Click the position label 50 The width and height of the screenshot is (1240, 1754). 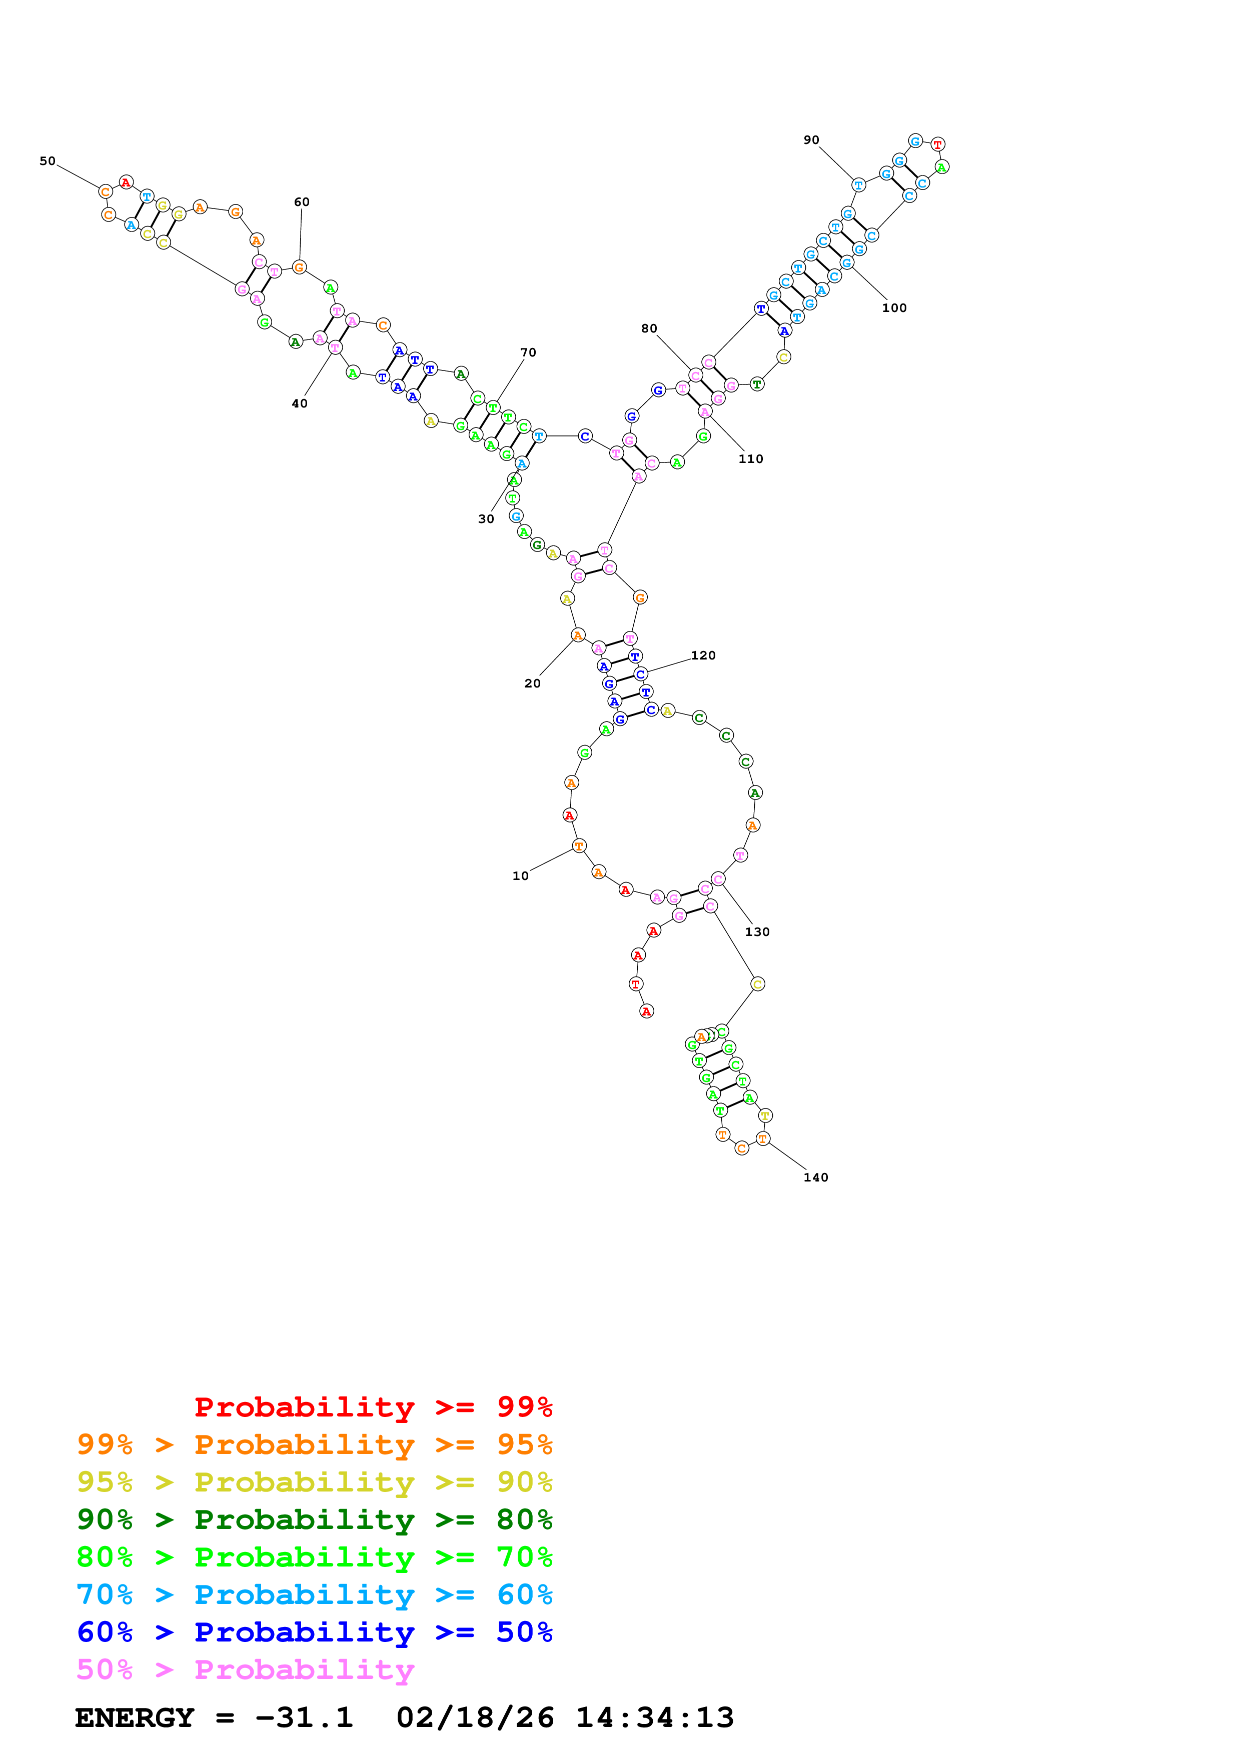[48, 161]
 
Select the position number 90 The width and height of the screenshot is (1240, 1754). [811, 140]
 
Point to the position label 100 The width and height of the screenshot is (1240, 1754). [894, 308]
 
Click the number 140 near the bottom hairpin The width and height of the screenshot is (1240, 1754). [815, 1177]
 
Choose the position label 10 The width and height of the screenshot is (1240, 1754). [520, 876]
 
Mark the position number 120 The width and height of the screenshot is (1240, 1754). [703, 655]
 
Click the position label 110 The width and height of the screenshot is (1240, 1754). [750, 459]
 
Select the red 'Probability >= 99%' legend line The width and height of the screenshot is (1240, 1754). [373, 1406]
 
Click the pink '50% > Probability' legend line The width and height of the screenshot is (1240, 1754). [245, 1669]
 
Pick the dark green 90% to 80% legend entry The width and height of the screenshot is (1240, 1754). [314, 1519]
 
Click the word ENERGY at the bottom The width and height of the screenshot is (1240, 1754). [135, 1718]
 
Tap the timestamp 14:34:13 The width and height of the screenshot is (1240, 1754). [655, 1718]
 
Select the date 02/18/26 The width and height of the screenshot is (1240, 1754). [475, 1718]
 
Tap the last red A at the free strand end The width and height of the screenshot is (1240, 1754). [646, 1011]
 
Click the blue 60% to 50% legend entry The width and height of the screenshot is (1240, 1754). [314, 1632]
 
